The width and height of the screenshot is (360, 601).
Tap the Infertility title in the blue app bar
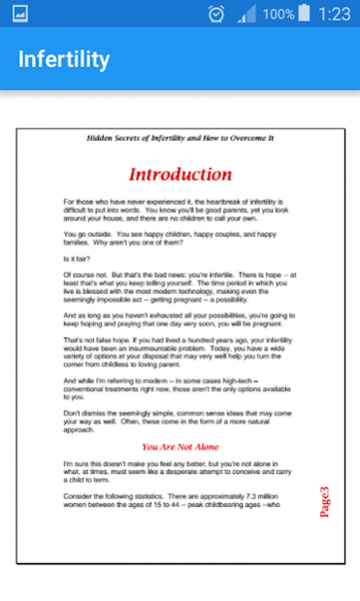[x=64, y=59]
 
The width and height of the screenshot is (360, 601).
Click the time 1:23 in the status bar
[x=334, y=14]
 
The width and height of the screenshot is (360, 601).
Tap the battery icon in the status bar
[x=305, y=14]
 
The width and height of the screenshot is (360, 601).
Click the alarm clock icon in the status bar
[x=215, y=15]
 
